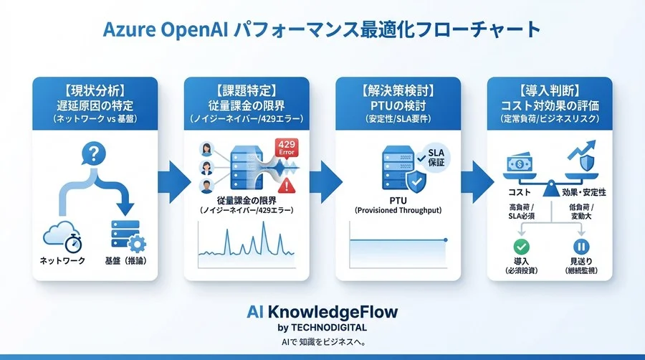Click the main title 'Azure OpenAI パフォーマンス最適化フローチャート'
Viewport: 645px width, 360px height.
click(x=322, y=30)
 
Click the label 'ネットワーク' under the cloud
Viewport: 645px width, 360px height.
click(x=61, y=260)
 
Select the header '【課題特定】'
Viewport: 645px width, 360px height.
click(x=247, y=91)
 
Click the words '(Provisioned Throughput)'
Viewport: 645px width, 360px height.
click(x=398, y=211)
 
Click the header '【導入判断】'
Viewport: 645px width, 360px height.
click(x=550, y=91)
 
